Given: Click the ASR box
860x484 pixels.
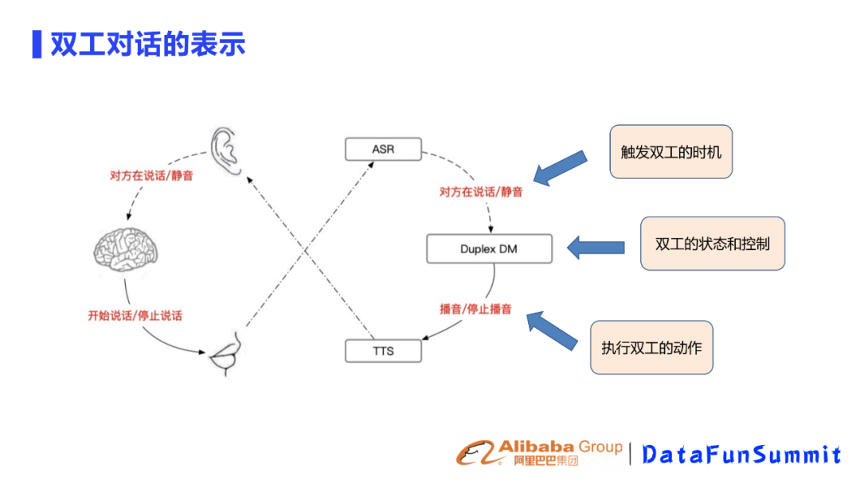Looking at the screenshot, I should tap(382, 149).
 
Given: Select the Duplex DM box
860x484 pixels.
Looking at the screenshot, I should tap(488, 249).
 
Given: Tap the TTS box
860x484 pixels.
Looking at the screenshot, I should tap(382, 350).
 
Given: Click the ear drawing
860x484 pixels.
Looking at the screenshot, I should tap(226, 151).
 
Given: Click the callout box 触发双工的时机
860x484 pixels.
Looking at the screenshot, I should tap(670, 151).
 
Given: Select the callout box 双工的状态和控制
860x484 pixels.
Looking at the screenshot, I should tap(712, 244).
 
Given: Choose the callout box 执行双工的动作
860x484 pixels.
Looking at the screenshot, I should tap(651, 348).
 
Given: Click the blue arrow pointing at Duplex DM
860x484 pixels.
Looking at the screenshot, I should tap(595, 246).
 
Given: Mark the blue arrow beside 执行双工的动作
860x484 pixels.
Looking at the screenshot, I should tap(553, 330).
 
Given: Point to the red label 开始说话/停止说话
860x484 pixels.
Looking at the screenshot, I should tap(135, 315).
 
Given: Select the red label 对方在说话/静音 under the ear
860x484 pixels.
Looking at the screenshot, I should tap(150, 176).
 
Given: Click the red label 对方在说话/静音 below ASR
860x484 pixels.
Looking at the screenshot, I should tap(481, 192).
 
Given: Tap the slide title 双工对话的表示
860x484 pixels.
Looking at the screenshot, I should tap(148, 45).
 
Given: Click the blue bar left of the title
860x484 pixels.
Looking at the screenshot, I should tap(36, 45).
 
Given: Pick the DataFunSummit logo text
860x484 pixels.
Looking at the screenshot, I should tap(741, 455).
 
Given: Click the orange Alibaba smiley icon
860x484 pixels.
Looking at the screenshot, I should tap(475, 454).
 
